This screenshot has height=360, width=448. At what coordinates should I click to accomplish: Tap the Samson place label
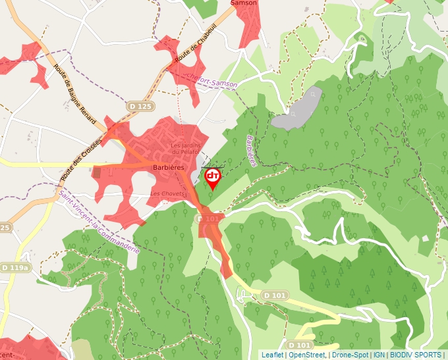coord(242,3)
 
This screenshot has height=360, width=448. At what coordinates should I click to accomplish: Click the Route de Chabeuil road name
coord(195,48)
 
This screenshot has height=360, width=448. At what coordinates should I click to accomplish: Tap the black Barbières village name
coord(168,168)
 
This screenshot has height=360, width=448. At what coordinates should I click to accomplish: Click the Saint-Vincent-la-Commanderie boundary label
coord(99,220)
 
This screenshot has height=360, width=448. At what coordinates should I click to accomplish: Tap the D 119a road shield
coord(14,268)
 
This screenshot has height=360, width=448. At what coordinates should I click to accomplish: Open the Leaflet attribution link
coord(272,355)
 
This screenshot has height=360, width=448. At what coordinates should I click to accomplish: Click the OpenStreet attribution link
coord(306,355)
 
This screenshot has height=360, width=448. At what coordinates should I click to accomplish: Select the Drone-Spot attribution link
coord(350,355)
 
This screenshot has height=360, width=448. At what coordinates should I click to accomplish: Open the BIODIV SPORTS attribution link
coord(416,355)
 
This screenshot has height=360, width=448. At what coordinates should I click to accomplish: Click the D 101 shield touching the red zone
coord(208,219)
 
